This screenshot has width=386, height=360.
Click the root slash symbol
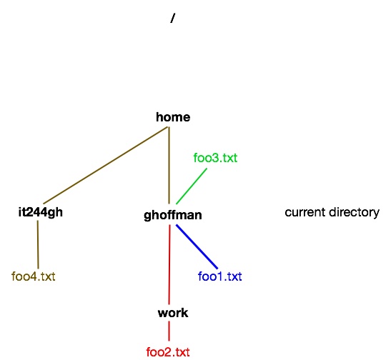[x=173, y=18]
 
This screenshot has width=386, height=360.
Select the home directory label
[x=173, y=117]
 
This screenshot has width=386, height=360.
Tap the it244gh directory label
[x=41, y=212]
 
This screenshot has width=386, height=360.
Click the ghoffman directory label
[x=173, y=215]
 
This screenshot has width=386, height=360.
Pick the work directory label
[x=173, y=313]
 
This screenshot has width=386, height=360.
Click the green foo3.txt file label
[x=215, y=158]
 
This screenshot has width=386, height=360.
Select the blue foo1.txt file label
[x=220, y=276]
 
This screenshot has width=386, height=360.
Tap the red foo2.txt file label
[x=168, y=352]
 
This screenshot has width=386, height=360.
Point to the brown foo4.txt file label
[x=34, y=276]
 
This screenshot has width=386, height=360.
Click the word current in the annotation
[x=305, y=212]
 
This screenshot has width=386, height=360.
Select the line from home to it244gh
[x=105, y=166]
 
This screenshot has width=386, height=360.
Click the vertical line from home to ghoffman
[x=169, y=166]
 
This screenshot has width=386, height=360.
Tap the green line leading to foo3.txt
[x=192, y=186]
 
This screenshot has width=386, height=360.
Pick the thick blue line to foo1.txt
[x=197, y=246]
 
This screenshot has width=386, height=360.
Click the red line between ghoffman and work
[x=169, y=264]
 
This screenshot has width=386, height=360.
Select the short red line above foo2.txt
[x=169, y=331]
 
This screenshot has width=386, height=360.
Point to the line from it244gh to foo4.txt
[x=38, y=244]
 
